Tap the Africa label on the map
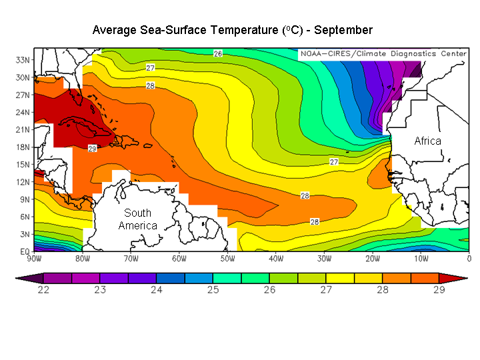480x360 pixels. pos(427,141)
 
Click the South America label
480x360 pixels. pos(137,219)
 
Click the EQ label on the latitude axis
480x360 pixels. pos(23,251)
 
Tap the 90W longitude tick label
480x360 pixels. pos(34,259)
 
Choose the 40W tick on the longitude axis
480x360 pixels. pos(276,259)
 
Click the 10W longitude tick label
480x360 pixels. pos(421,259)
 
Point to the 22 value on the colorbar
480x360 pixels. pos(43,290)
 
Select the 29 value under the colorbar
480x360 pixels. pos(438,290)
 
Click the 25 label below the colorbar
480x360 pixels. pos(213,290)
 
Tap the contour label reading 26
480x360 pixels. pos(217,53)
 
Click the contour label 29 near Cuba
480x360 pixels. pos(92,148)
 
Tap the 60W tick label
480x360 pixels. pos(179,259)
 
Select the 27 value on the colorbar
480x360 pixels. pos(325,290)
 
